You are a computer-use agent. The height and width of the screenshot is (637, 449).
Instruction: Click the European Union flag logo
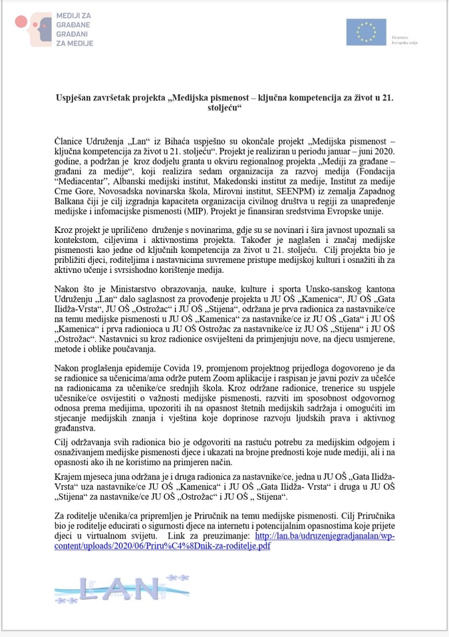[366, 32]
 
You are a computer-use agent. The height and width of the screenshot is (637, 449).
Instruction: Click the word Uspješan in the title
[74, 97]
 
